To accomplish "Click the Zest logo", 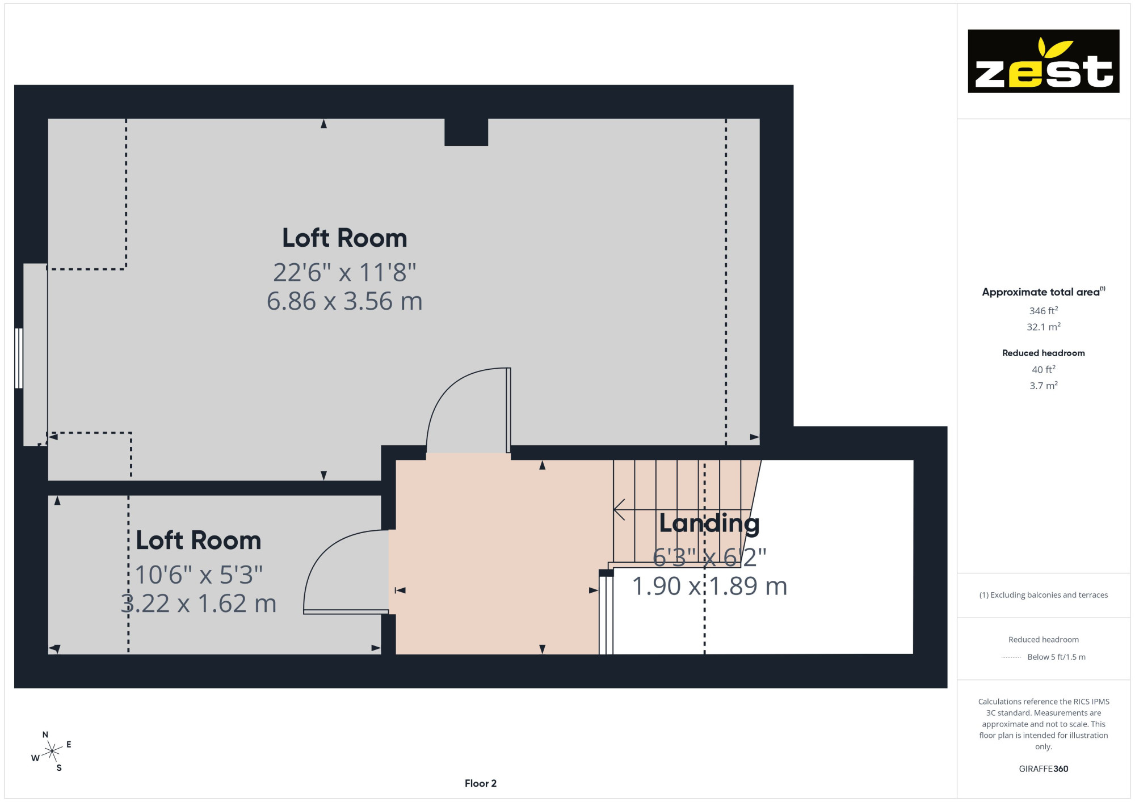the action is click(x=1043, y=61).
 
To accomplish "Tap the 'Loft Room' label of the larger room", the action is click(x=344, y=238).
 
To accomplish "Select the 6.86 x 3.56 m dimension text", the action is click(x=344, y=301).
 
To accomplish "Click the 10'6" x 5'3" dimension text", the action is click(x=199, y=575).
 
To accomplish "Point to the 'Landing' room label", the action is click(x=709, y=524).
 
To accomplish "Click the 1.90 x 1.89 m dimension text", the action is click(x=709, y=586).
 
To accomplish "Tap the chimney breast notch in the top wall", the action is click(x=466, y=132).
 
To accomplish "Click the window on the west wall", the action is click(x=19, y=358).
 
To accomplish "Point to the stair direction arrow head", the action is click(x=619, y=509).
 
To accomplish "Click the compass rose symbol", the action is click(x=52, y=752).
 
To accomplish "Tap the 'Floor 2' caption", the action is click(x=481, y=783).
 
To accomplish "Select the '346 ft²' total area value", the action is click(x=1043, y=311).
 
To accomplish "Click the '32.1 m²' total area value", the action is click(x=1043, y=327).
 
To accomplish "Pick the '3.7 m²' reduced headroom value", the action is click(x=1043, y=386).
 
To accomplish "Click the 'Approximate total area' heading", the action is click(x=1043, y=292).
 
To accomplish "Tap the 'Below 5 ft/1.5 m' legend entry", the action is click(x=1056, y=657).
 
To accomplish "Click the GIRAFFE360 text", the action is click(x=1043, y=769).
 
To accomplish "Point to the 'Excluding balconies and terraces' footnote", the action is click(x=1043, y=595).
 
